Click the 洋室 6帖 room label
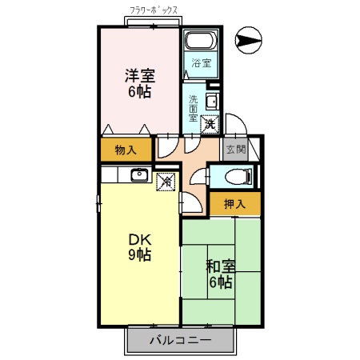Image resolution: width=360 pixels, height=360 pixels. tap(139, 83)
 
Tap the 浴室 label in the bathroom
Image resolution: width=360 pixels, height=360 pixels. tap(199, 63)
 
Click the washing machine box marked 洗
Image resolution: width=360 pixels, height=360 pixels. tap(209, 124)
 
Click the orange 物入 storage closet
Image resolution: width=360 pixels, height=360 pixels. tap(126, 150)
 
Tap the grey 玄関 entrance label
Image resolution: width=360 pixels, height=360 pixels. tap(234, 150)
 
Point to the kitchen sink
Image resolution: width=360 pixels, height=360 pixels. tap(137, 175)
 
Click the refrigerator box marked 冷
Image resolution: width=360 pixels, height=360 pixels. tap(166, 182)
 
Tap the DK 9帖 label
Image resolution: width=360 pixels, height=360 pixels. tap(138, 246)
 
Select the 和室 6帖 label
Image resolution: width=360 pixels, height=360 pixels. tap(220, 274)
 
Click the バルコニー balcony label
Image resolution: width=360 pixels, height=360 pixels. tap(180, 340)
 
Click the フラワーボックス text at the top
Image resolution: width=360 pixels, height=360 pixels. tap(154, 11)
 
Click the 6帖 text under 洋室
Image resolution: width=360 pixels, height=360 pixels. tap(139, 91)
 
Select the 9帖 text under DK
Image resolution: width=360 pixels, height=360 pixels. tap(139, 255)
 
